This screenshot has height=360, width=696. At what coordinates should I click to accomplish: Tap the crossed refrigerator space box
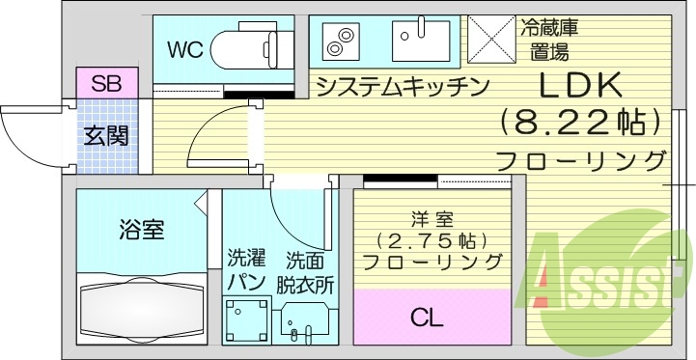click(x=493, y=40)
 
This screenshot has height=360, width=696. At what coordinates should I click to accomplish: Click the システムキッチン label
click(x=404, y=87)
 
